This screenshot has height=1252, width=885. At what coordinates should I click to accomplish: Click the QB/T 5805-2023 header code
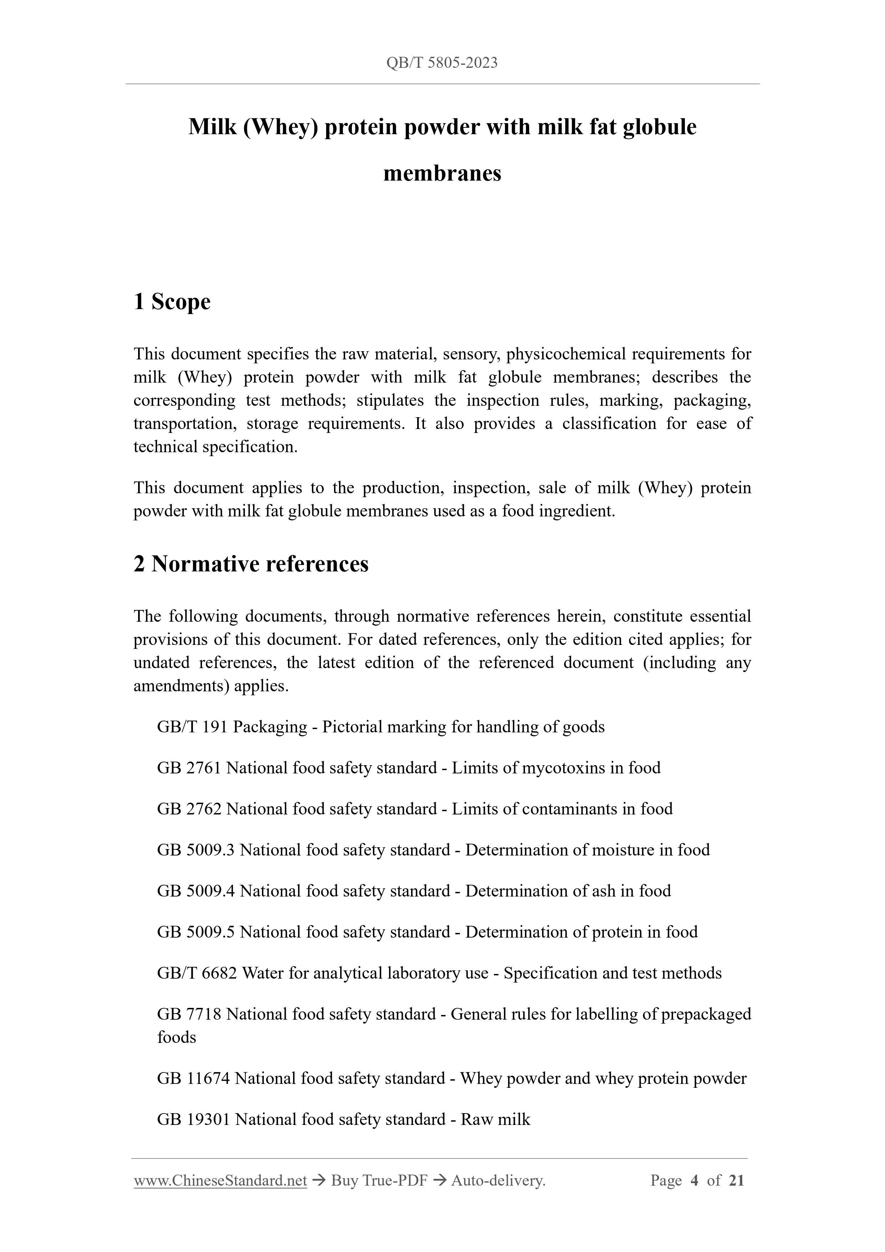pyautogui.click(x=442, y=63)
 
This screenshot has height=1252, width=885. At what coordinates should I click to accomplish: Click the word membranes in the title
pyautogui.click(x=442, y=173)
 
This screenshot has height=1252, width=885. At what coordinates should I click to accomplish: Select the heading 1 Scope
pyautogui.click(x=172, y=302)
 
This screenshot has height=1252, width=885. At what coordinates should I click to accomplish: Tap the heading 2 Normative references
pyautogui.click(x=251, y=564)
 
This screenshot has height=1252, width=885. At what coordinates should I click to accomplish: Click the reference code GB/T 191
pyautogui.click(x=192, y=727)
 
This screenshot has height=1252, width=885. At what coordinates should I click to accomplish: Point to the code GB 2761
pyautogui.click(x=189, y=768)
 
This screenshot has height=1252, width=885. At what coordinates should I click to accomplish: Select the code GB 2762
pyautogui.click(x=189, y=809)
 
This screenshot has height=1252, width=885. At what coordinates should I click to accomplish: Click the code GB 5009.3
pyautogui.click(x=195, y=849)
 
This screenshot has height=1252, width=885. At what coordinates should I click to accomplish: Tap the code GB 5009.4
pyautogui.click(x=195, y=890)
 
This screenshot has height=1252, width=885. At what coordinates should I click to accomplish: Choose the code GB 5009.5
pyautogui.click(x=195, y=932)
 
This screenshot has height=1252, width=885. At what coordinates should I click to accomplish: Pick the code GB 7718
pyautogui.click(x=189, y=1014)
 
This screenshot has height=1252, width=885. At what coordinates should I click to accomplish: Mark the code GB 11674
pyautogui.click(x=193, y=1078)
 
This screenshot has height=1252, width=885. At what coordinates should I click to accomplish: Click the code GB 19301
pyautogui.click(x=193, y=1119)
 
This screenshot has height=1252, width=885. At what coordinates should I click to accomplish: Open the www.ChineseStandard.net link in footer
pyautogui.click(x=220, y=1181)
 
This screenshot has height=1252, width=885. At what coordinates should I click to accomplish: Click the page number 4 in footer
pyautogui.click(x=694, y=1181)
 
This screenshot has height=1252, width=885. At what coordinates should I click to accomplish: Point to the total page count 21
pyautogui.click(x=736, y=1181)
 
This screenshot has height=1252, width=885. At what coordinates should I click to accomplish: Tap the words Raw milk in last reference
pyautogui.click(x=495, y=1119)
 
